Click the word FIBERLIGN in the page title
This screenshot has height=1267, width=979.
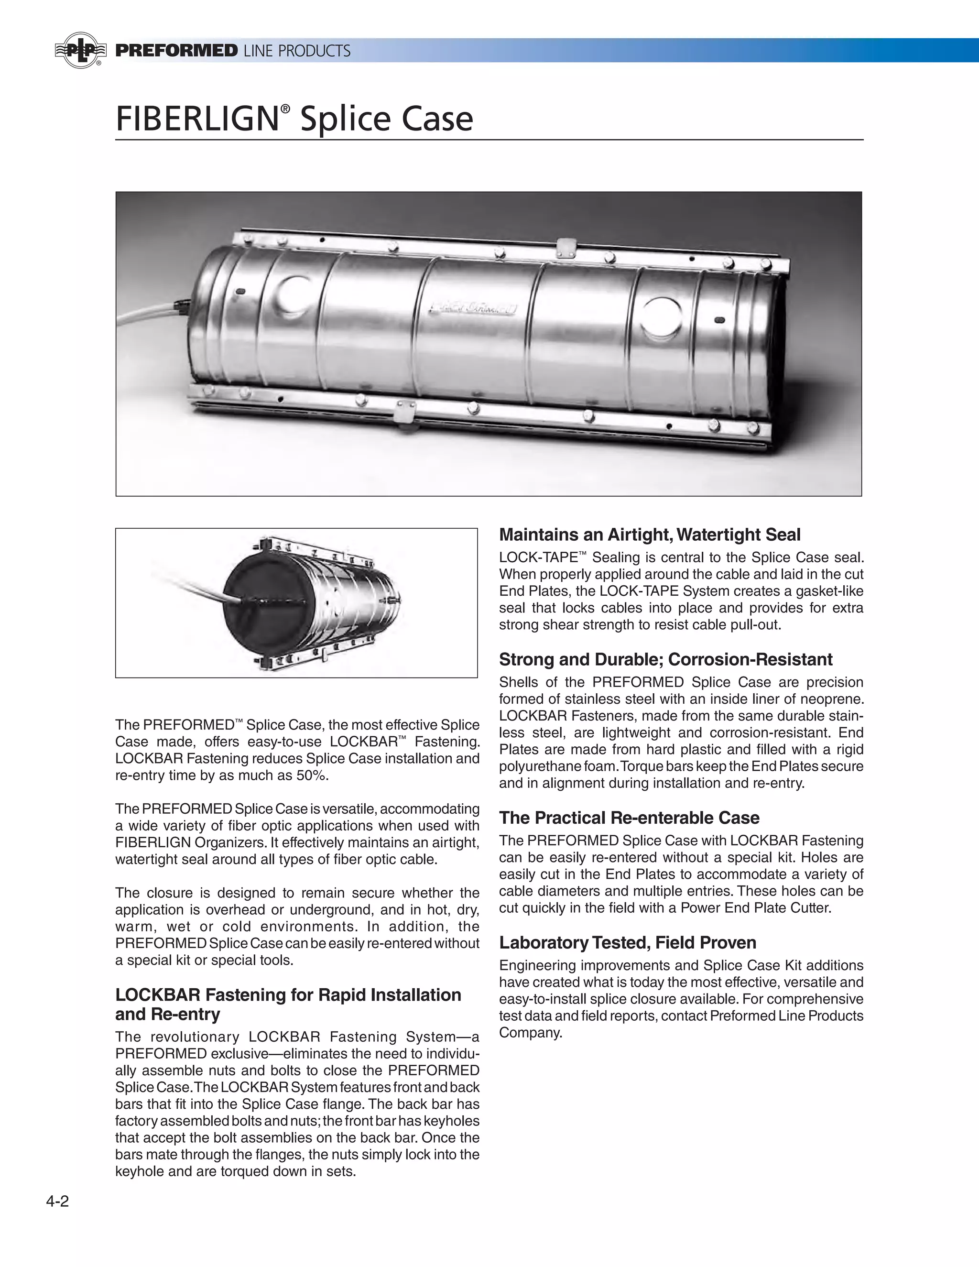(197, 119)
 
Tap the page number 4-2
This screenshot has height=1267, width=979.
(57, 1201)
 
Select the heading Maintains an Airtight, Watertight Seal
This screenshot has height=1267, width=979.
(650, 535)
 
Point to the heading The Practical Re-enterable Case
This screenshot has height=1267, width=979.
(629, 818)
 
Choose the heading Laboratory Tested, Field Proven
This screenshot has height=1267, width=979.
(628, 942)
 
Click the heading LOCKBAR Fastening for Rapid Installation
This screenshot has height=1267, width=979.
(288, 994)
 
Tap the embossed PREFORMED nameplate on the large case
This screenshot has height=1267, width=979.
(475, 306)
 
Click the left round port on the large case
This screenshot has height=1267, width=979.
(295, 294)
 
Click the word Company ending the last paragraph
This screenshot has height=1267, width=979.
(531, 1033)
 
